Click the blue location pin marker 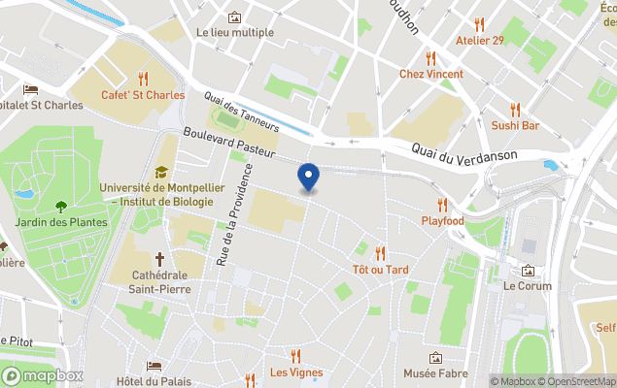(x=308, y=177)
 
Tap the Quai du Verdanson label (x=462, y=151)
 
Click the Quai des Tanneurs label (x=242, y=112)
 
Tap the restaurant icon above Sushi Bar (x=515, y=109)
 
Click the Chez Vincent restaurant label (x=431, y=74)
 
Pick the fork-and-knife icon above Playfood (x=443, y=205)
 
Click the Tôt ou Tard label (x=380, y=269)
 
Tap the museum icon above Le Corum (x=528, y=271)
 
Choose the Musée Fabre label (x=435, y=373)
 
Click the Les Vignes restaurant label (x=295, y=372)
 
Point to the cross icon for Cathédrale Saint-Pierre (x=159, y=259)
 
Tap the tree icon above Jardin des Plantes (x=61, y=206)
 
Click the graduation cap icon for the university (x=160, y=172)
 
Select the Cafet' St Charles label (x=143, y=94)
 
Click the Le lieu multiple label (x=234, y=32)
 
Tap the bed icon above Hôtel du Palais (x=154, y=366)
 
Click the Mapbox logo (x=42, y=375)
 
